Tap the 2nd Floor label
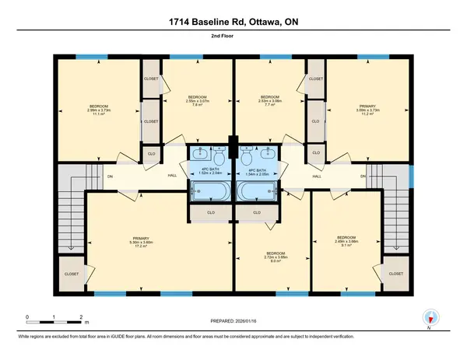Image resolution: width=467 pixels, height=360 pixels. (233, 37)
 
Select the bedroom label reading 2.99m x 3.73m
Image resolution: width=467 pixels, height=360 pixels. (99, 110)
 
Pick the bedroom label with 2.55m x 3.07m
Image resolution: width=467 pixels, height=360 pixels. (188, 100)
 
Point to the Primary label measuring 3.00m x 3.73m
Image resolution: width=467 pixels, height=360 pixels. (365, 109)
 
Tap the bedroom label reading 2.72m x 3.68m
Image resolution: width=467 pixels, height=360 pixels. (276, 257)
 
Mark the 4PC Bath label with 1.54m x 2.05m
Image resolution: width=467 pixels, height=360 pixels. (258, 173)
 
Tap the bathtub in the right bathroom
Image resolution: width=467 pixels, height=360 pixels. (260, 191)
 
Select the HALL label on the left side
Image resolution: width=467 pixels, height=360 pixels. (150, 177)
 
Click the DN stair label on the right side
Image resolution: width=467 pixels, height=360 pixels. (363, 177)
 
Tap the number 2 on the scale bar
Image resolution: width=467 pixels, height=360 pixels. (82, 316)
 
